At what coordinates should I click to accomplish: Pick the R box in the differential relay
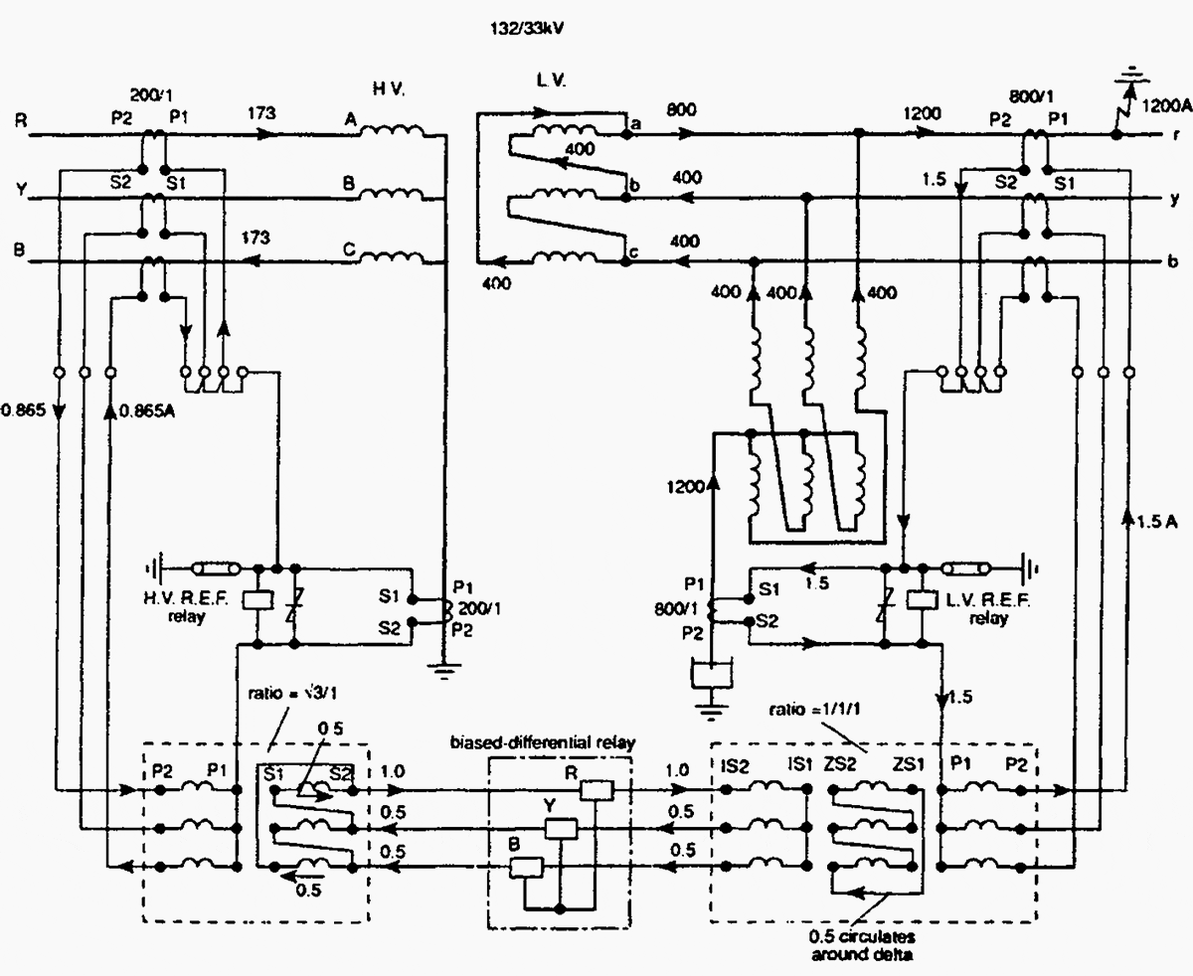pos(598,790)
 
